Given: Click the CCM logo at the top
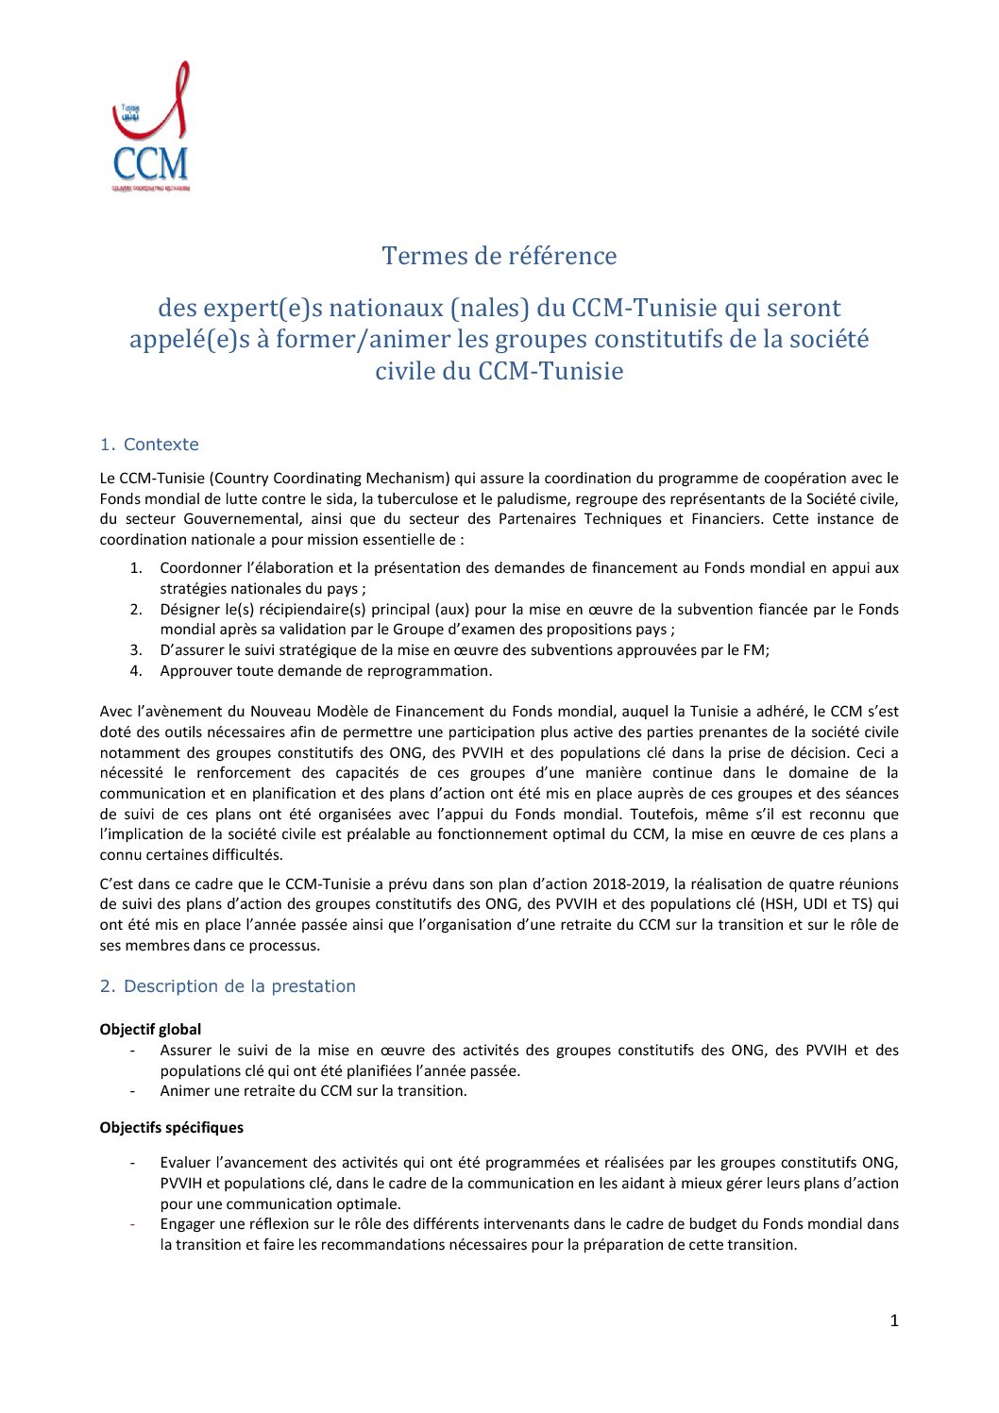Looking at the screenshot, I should [x=151, y=128].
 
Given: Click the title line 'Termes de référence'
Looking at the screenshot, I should [x=499, y=256].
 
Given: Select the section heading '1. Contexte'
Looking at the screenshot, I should [x=149, y=445].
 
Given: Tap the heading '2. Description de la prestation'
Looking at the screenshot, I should [x=228, y=986].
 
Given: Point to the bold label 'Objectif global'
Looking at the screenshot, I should [x=150, y=1030].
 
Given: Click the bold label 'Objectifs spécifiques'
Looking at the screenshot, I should [x=171, y=1128].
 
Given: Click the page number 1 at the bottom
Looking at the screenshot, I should [x=893, y=1321].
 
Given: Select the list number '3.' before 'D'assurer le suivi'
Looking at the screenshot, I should [x=136, y=650].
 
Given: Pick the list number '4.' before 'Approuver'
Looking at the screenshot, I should [x=136, y=671].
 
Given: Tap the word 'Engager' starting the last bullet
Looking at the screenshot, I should [x=187, y=1224].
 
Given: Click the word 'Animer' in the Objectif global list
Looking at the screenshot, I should [x=183, y=1091].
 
